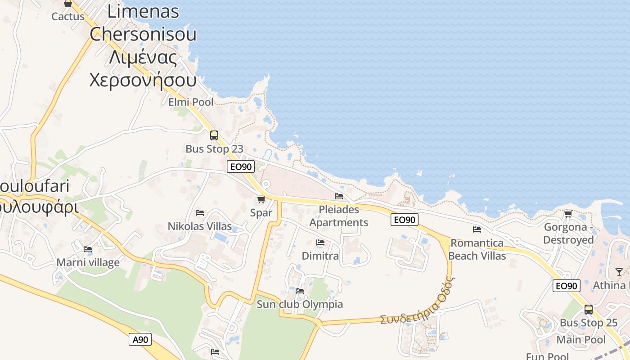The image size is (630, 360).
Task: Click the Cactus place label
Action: (x=68, y=17)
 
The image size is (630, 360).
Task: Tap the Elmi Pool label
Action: (x=191, y=102)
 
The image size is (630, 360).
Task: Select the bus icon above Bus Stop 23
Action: (x=214, y=135)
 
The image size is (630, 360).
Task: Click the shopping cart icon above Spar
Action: (x=261, y=199)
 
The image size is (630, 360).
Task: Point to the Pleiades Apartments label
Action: (x=339, y=216)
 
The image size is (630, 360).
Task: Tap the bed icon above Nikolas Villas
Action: (x=200, y=213)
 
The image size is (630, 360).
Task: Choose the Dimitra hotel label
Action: (x=320, y=256)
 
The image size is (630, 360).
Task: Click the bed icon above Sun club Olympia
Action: (x=300, y=291)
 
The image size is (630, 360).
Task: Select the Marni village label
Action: (x=88, y=262)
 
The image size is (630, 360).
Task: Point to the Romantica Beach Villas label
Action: (x=477, y=249)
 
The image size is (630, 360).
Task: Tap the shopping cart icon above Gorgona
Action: (x=568, y=214)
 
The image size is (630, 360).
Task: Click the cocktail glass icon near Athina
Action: (x=619, y=272)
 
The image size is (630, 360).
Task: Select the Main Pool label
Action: (x=581, y=339)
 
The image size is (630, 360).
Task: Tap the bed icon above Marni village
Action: (x=88, y=249)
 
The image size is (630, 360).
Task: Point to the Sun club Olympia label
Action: (x=300, y=304)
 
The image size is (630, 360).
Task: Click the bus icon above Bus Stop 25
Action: (x=589, y=310)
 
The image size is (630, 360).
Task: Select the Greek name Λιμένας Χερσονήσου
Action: (x=143, y=69)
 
